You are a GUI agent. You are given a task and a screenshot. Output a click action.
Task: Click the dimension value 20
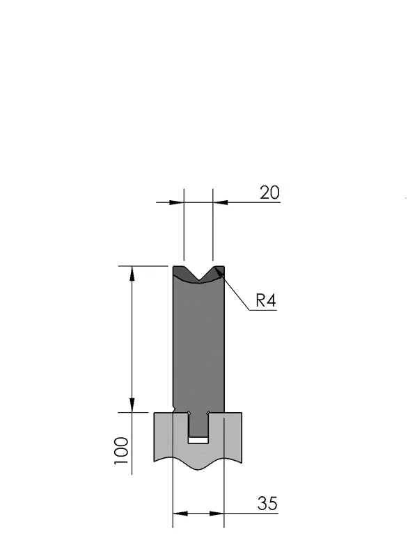[269, 193]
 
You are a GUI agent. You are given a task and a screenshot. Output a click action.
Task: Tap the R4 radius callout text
[266, 301]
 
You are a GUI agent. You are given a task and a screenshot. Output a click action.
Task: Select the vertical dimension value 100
[121, 451]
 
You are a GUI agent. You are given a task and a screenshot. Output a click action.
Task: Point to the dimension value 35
[267, 503]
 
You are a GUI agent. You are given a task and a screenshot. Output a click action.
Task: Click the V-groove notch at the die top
[198, 274]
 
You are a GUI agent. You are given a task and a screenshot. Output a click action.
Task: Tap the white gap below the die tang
[198, 440]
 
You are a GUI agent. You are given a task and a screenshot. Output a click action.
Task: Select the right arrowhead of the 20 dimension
[220, 202]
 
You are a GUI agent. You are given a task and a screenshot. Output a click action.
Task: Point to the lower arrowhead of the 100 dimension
[132, 405]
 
